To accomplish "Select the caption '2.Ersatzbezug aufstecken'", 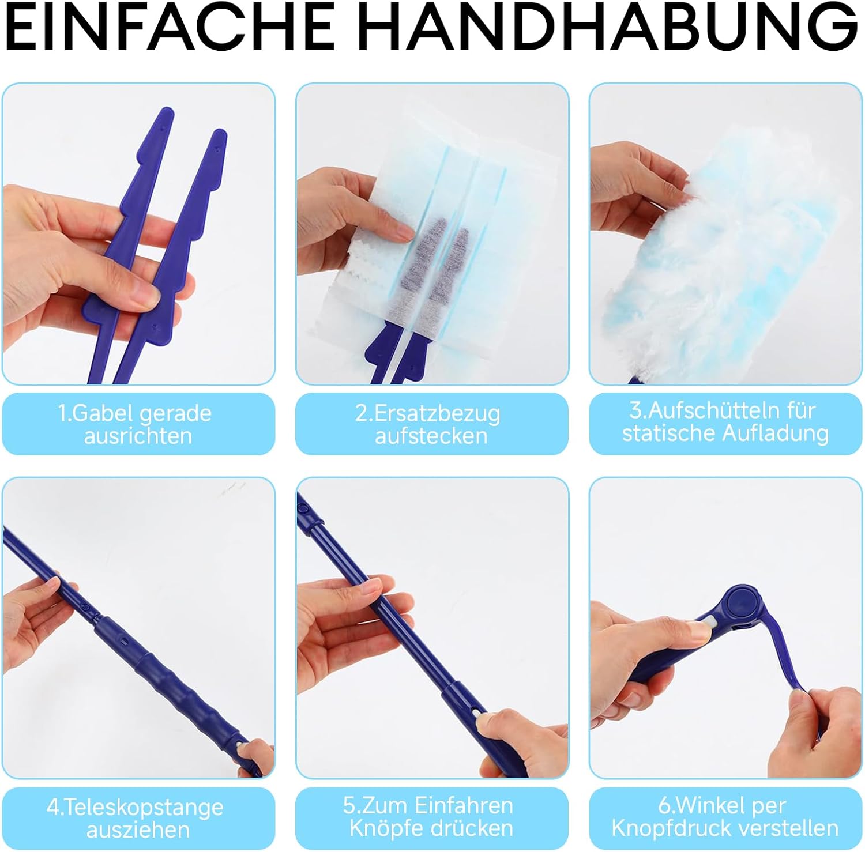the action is coord(429,424).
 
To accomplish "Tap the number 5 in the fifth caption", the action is coord(349,805).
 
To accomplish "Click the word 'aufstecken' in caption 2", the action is coord(431,436).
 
